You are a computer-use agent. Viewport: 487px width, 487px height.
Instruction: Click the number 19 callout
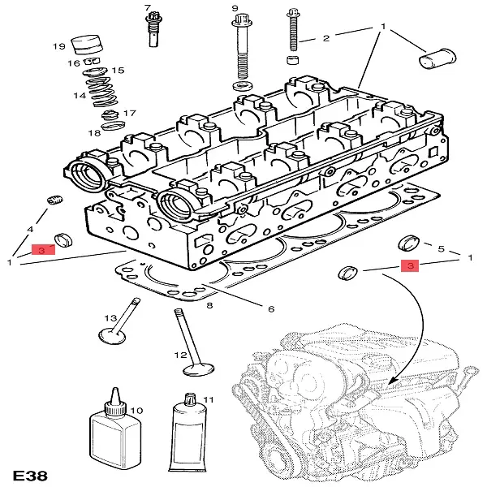pyautogui.click(x=58, y=45)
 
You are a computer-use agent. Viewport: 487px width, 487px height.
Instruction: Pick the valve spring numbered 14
pyautogui.click(x=99, y=91)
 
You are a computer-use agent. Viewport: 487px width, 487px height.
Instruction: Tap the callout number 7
pyautogui.click(x=148, y=10)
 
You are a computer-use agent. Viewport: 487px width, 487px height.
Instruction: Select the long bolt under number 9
pyautogui.click(x=243, y=54)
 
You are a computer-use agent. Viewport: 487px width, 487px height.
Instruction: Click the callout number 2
pyautogui.click(x=325, y=38)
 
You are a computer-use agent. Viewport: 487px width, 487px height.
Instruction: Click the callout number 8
pyautogui.click(x=209, y=305)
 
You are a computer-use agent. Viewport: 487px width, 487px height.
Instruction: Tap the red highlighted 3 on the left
pyautogui.click(x=42, y=250)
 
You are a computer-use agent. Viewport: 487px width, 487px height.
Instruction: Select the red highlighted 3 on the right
pyautogui.click(x=411, y=265)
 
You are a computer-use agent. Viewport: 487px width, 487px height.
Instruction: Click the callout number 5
pyautogui.click(x=441, y=248)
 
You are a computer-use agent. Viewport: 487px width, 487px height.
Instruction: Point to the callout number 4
pyautogui.click(x=31, y=230)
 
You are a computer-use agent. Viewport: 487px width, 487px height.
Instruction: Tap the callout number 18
pyautogui.click(x=95, y=132)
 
